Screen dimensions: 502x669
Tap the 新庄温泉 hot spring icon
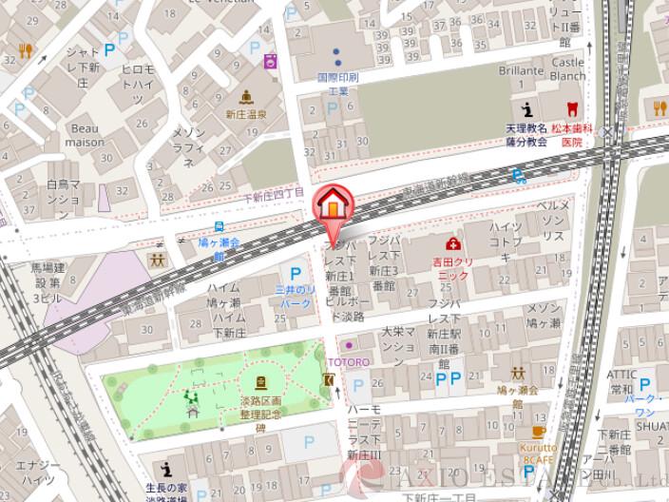click(247, 96)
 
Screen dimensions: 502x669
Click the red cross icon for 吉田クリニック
click(455, 243)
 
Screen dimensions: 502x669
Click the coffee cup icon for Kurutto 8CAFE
click(538, 428)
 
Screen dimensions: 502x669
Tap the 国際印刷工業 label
click(337, 83)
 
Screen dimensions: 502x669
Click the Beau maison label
click(85, 134)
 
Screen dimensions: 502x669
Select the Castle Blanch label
click(567, 68)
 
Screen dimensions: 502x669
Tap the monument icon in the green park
click(260, 383)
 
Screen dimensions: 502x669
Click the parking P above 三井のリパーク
click(282, 272)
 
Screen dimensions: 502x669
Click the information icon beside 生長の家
click(167, 469)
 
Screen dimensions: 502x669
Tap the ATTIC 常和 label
click(623, 384)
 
